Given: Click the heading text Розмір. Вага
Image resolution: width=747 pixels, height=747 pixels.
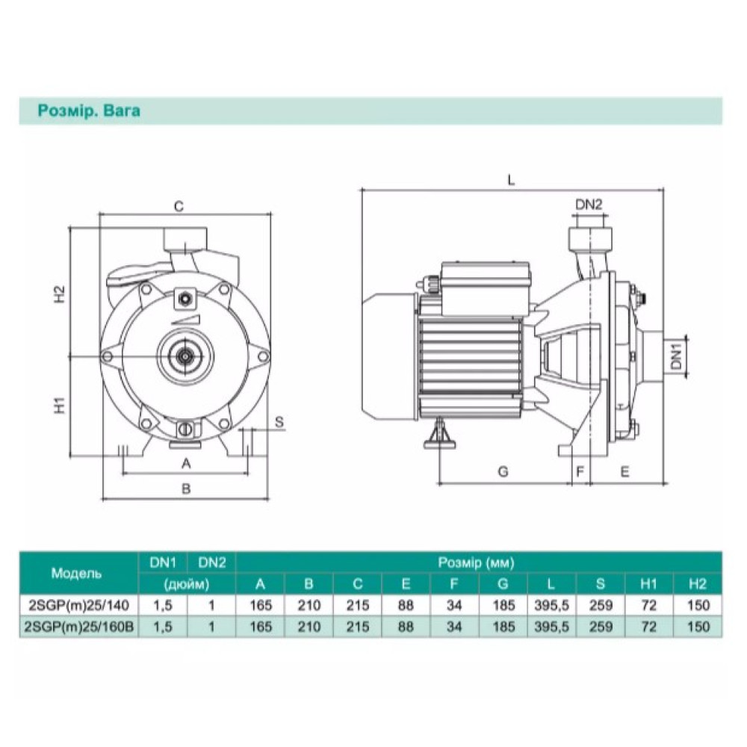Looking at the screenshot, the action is tap(89, 111).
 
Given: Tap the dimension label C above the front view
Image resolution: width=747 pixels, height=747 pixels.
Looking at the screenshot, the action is tap(179, 206).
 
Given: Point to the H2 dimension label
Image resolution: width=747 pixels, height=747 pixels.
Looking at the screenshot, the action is tap(58, 294).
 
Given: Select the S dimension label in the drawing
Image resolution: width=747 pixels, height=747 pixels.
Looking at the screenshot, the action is tap(279, 421).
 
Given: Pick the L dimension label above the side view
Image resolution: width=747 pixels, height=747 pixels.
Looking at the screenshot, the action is tap(511, 180).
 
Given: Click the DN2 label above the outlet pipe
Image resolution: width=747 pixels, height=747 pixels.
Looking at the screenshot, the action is tap(589, 205).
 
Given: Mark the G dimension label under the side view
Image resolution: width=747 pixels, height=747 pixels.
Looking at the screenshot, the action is tap(503, 471).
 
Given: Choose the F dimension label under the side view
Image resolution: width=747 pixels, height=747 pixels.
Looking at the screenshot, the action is tap(580, 471).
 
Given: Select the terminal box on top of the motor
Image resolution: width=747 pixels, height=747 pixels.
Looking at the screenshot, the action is tap(486, 288).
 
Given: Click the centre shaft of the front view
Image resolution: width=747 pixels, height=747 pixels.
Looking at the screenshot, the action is tap(184, 356).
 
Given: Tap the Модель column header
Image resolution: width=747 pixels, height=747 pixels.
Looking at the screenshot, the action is tap(76, 573).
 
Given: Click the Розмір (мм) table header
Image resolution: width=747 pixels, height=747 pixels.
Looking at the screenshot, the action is tap(476, 562).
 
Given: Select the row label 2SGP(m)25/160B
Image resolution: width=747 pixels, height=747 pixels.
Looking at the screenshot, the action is tap(79, 627).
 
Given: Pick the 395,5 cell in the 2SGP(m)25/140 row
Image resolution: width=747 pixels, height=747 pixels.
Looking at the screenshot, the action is tap(552, 606).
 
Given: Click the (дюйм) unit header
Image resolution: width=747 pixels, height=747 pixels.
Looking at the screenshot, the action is tap(187, 584).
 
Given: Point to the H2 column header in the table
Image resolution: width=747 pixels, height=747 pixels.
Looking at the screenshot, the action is tap(698, 583).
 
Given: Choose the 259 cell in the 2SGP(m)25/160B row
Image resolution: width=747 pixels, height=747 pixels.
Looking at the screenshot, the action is tap(601, 627).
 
